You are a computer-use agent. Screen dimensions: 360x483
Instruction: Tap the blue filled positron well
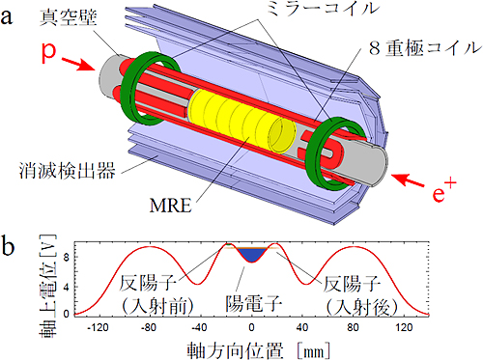[x=252, y=255]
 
